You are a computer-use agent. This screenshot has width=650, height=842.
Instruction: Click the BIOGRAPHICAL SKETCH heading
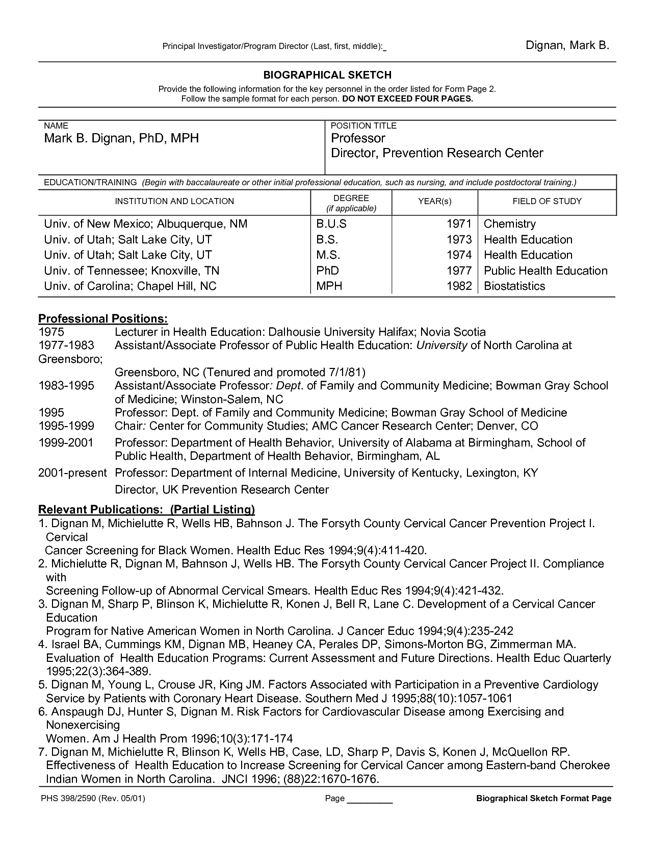point(327,75)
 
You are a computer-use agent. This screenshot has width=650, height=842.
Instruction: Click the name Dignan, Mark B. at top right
point(567,45)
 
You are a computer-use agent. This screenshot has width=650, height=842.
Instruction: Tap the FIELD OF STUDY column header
point(547,201)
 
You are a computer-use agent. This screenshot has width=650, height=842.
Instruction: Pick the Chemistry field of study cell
point(509,224)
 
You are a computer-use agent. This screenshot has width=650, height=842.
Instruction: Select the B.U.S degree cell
point(331,224)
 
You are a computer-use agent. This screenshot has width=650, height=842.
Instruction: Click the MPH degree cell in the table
point(329,286)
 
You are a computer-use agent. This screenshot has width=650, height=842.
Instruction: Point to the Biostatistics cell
point(514,286)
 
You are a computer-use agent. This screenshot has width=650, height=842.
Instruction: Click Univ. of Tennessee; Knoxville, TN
point(132,270)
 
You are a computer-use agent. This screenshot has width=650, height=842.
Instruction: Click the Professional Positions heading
point(103,319)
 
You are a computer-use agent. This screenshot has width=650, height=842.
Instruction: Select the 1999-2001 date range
point(66,442)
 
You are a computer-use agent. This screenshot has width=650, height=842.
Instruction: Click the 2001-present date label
point(72,473)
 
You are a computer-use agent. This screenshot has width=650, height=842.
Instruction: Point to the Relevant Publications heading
point(146,509)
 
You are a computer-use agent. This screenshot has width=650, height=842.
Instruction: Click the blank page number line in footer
point(370,799)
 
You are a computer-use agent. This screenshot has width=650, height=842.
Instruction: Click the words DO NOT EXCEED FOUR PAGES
point(408,98)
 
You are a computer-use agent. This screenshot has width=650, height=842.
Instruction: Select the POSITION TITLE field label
point(363,126)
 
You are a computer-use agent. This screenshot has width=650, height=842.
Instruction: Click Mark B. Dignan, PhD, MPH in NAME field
point(121,138)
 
